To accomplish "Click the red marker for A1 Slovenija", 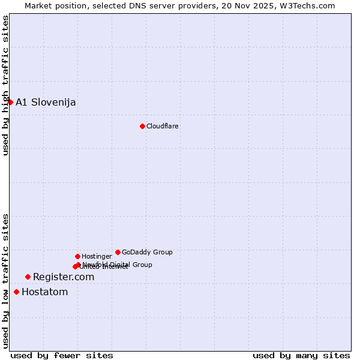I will pos(10,102).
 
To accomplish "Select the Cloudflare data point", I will pos(142,126).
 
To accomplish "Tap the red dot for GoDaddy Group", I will pos(118,252).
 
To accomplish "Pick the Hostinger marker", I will pos(77,256).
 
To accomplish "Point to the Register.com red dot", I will pos(28,277).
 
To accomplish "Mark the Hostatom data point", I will pos(16,292).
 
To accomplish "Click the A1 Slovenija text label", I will pos(46,102).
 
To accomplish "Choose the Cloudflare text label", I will pos(162,126).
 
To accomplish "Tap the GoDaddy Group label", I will pos(147,252).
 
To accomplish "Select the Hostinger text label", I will pos(97,256).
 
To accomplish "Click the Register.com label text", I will pos(64,277).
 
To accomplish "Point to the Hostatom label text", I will pos(44,292).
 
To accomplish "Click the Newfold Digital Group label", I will pos(118,264).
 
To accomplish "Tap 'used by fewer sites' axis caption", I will pos(62,355).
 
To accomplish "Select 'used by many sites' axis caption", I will pos(301,355).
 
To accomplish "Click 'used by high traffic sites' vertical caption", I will pos(5,85).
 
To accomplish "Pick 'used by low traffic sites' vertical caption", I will pos(5,281).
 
